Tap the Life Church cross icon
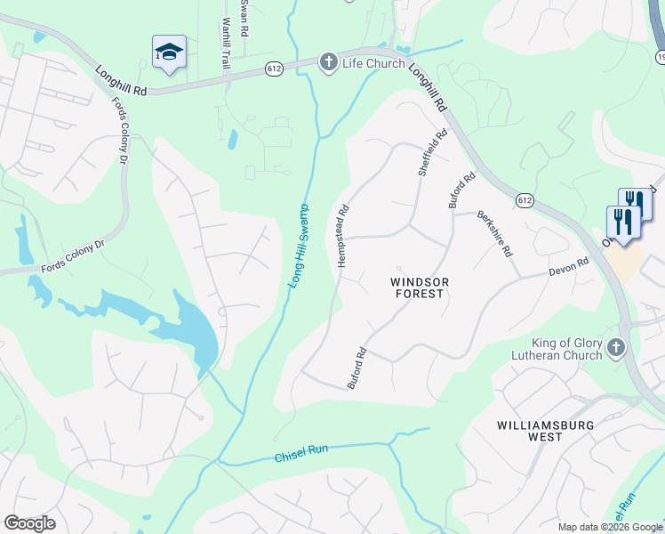(328, 62)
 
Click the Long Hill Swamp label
(300, 243)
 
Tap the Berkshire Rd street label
(494, 233)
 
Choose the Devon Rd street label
(569, 266)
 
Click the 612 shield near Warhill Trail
(274, 68)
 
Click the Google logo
(29, 523)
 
